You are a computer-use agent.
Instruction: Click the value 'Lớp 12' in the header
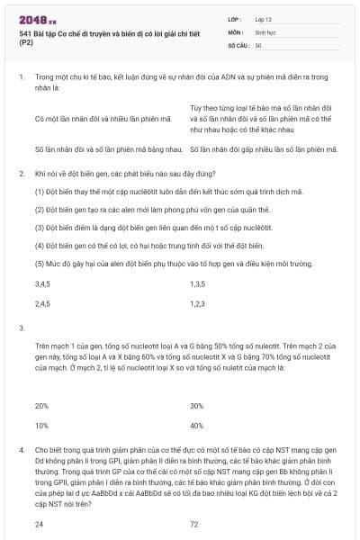coord(263,18)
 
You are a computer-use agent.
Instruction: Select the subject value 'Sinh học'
coord(264,31)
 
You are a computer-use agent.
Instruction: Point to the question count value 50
coord(258,44)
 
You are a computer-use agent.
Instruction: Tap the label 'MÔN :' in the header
coord(236,31)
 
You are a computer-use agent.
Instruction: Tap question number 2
coord(21,171)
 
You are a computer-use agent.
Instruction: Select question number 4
coord(21,447)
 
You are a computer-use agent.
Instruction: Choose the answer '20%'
coord(41,405)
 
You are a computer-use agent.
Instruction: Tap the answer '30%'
coord(197,405)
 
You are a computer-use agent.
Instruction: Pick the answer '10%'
coord(41,425)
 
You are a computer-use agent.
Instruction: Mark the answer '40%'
coord(197,425)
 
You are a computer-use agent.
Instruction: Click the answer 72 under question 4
coord(194,523)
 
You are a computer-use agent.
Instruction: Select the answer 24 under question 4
coord(39,523)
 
